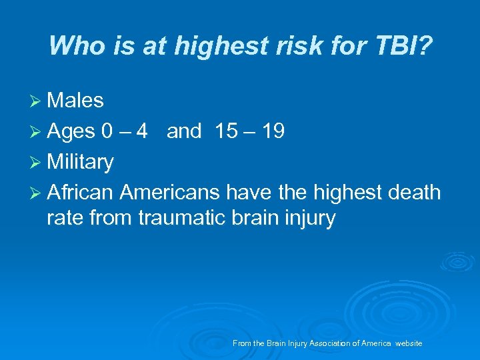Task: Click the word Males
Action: pyautogui.click(x=75, y=101)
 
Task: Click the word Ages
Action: pyautogui.click(x=71, y=132)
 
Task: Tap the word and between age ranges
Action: pyautogui.click(x=184, y=131)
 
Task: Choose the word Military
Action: pyautogui.click(x=80, y=162)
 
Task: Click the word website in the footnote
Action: pyautogui.click(x=409, y=343)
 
